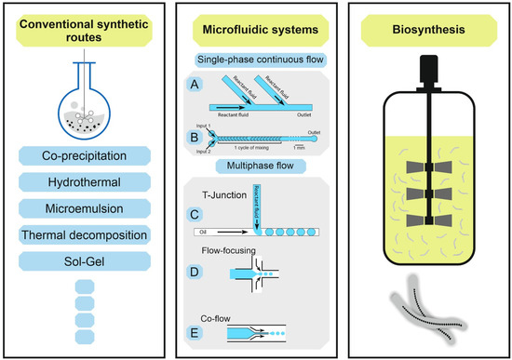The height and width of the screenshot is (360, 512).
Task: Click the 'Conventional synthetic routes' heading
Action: click(85, 35)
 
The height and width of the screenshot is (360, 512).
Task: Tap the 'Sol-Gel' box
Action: click(85, 261)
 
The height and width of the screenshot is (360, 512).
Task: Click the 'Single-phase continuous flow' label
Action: click(255, 60)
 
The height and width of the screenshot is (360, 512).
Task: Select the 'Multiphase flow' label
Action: click(255, 168)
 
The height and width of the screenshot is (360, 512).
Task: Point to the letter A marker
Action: click(193, 86)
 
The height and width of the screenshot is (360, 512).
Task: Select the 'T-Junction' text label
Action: click(228, 193)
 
